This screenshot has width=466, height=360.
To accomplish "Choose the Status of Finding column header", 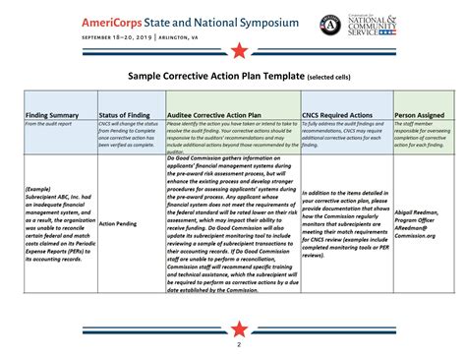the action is [124, 114].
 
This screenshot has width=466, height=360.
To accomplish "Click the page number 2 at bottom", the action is [237, 346].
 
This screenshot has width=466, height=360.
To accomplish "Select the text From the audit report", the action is [43, 124].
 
